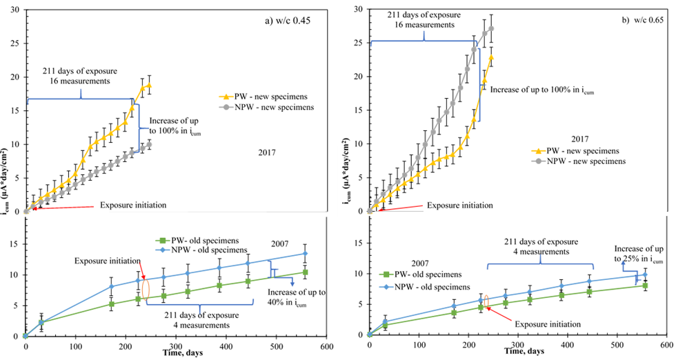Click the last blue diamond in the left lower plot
tap(306, 253)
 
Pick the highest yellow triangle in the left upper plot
tap(149, 85)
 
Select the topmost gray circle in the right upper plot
tap(491, 28)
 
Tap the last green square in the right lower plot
tap(646, 285)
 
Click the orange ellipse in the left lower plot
tap(145, 289)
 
